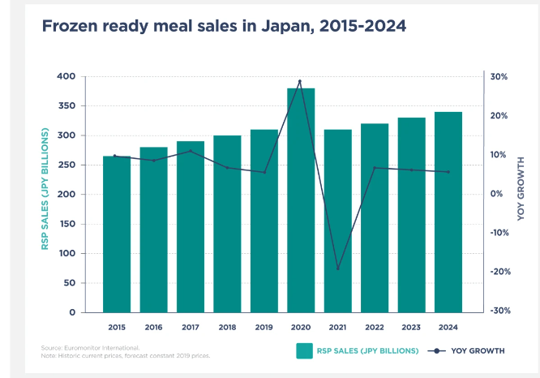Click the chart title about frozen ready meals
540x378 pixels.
[223, 26]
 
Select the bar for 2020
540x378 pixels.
[301, 200]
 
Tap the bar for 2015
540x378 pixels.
[117, 234]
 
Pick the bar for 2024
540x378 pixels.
[448, 212]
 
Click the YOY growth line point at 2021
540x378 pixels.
[338, 268]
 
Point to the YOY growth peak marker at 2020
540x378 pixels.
[300, 81]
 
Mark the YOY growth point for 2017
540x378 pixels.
[191, 151]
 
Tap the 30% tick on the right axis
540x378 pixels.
[499, 77]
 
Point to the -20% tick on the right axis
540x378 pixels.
[499, 272]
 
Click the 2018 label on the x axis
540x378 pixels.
[227, 329]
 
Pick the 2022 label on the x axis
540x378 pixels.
[375, 329]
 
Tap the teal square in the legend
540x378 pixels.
[304, 350]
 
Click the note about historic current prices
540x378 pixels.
[125, 355]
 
